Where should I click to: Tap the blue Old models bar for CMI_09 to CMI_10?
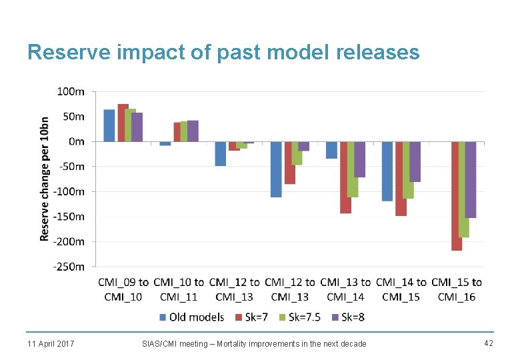pyautogui.click(x=109, y=125)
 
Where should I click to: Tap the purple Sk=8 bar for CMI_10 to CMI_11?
pyautogui.click(x=193, y=131)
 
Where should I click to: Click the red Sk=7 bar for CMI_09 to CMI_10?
pyautogui.click(x=123, y=123)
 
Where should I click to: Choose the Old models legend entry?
pyautogui.click(x=191, y=317)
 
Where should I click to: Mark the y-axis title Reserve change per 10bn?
pyautogui.click(x=44, y=179)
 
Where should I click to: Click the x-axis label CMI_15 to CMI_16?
pyautogui.click(x=457, y=289)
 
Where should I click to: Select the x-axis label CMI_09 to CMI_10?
pyautogui.click(x=123, y=289)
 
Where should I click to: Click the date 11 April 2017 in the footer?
pyautogui.click(x=51, y=343)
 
